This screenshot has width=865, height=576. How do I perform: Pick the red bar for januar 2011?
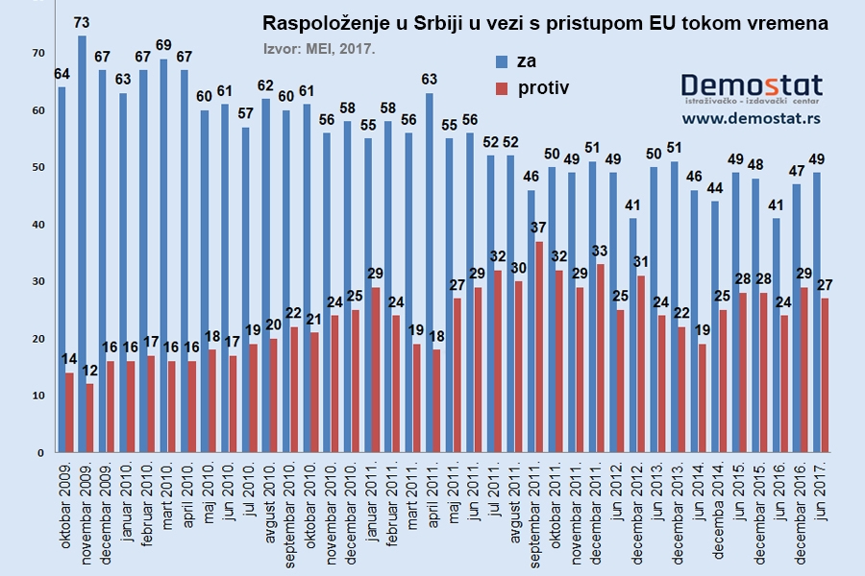pyautogui.click(x=377, y=370)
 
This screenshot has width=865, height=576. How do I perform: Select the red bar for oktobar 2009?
pyautogui.click(x=68, y=413)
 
